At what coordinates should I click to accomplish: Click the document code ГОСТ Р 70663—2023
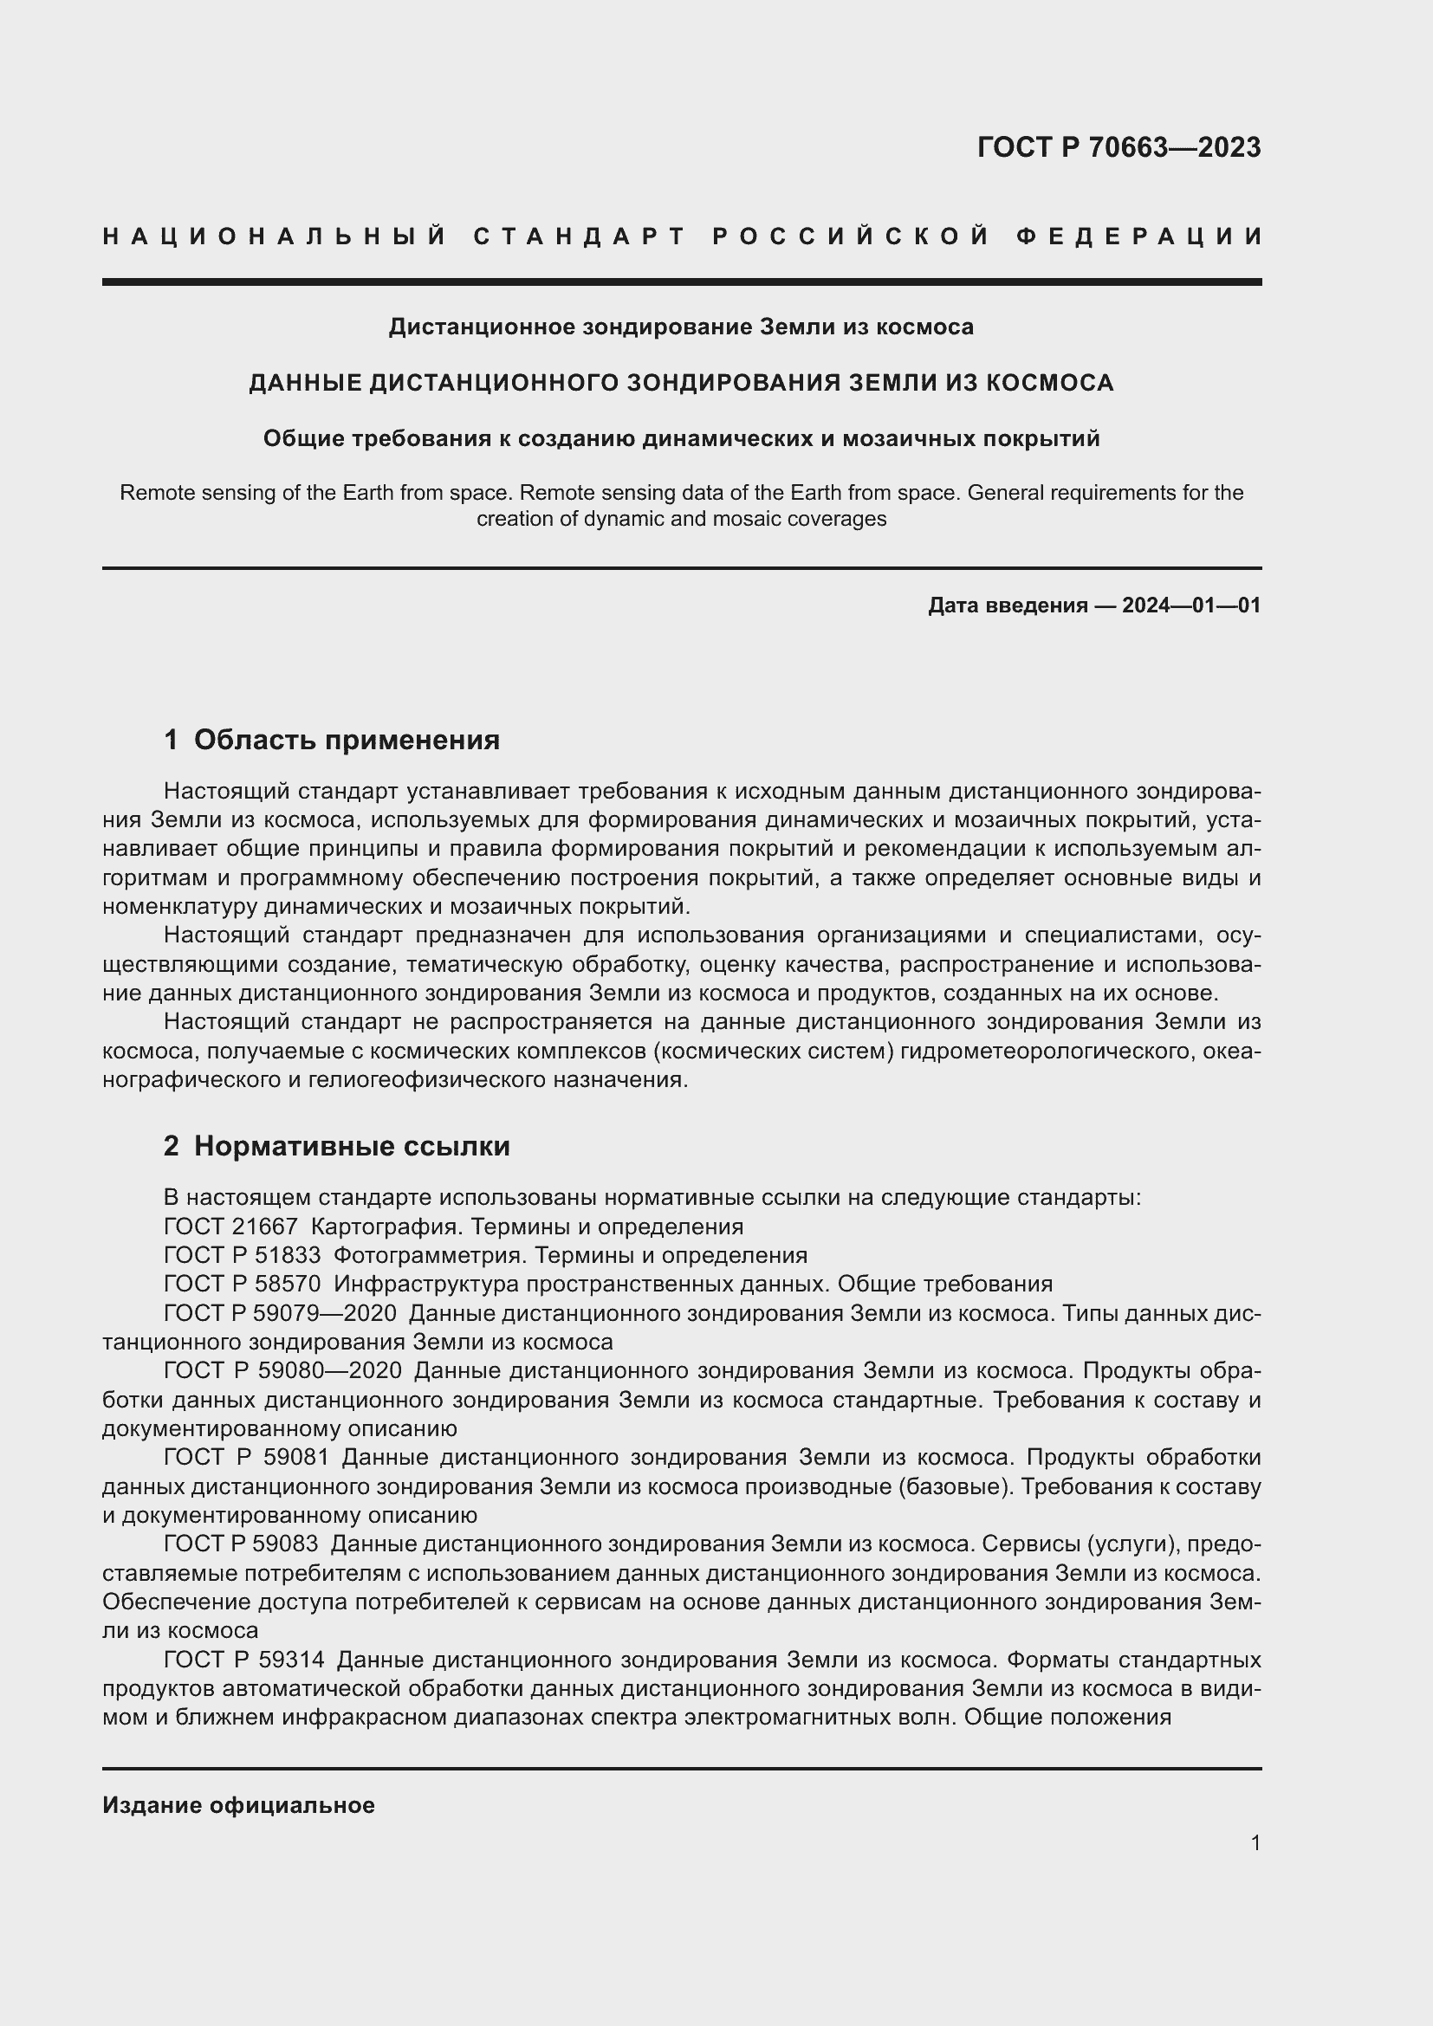[x=1118, y=147]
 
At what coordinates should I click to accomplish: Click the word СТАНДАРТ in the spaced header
[x=580, y=236]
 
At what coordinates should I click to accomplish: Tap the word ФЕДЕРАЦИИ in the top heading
[x=1138, y=236]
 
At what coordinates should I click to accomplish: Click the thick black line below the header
[x=681, y=282]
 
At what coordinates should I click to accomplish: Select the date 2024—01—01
[x=1191, y=605]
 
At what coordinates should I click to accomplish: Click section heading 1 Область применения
[x=332, y=740]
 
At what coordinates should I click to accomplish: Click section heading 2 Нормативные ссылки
[x=336, y=1146]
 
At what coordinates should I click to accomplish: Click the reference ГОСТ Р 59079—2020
[x=280, y=1313]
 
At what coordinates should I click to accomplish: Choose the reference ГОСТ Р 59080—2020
[x=282, y=1370]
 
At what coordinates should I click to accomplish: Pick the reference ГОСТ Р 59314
[x=243, y=1660]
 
